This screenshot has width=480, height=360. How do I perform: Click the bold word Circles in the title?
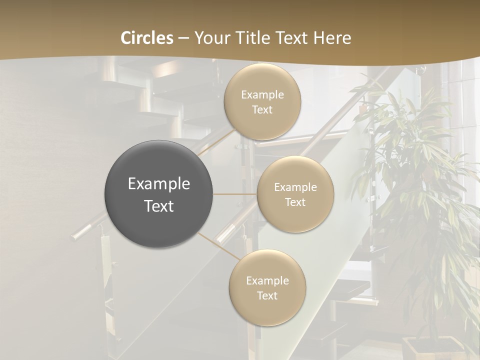147,38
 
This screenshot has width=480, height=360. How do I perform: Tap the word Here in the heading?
332,38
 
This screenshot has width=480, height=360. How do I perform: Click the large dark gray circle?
159,194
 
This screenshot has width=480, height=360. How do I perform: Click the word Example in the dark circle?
159,184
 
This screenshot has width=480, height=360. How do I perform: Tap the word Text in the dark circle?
159,206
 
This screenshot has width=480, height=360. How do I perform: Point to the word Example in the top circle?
262,95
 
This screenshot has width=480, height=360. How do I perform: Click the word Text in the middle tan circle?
295,202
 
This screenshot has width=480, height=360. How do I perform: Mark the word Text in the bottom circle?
267,296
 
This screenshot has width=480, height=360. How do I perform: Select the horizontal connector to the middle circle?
235,194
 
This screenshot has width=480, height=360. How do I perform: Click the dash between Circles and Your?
183,38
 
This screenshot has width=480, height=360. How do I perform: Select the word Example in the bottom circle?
267,281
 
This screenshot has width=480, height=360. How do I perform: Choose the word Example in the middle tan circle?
295,187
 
